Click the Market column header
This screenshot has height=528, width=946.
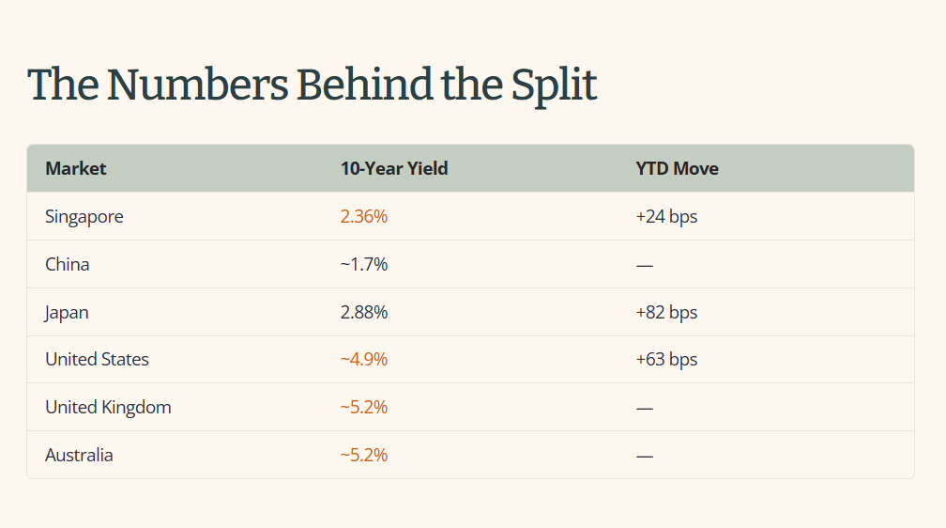pyautogui.click(x=75, y=168)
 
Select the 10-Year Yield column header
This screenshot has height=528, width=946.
pyautogui.click(x=394, y=168)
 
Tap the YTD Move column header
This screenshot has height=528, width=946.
pyautogui.click(x=677, y=168)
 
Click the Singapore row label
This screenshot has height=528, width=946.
pyautogui.click(x=84, y=217)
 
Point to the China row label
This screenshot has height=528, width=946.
pyautogui.click(x=67, y=265)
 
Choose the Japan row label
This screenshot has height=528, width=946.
pyautogui.click(x=67, y=313)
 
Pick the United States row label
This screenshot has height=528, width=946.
pyautogui.click(x=97, y=360)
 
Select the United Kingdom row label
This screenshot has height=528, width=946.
pyautogui.click(x=108, y=408)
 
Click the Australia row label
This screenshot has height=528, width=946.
pyautogui.click(x=79, y=455)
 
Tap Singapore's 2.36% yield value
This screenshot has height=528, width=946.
pyautogui.click(x=364, y=216)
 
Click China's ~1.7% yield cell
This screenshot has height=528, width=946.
pyautogui.click(x=364, y=265)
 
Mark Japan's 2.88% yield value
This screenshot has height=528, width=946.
pyautogui.click(x=364, y=312)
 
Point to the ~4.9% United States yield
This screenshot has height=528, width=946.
pyautogui.click(x=364, y=360)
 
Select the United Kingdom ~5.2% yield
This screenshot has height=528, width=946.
pyautogui.click(x=364, y=407)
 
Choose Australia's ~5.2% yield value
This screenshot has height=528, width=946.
pyautogui.click(x=364, y=455)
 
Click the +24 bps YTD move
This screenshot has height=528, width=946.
pyautogui.click(x=666, y=217)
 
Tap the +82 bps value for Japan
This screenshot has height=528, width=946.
pyautogui.click(x=666, y=313)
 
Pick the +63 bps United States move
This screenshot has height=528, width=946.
pyautogui.click(x=666, y=360)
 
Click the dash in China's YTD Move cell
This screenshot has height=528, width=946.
pyautogui.click(x=645, y=265)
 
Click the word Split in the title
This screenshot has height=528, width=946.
pyautogui.click(x=554, y=85)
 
